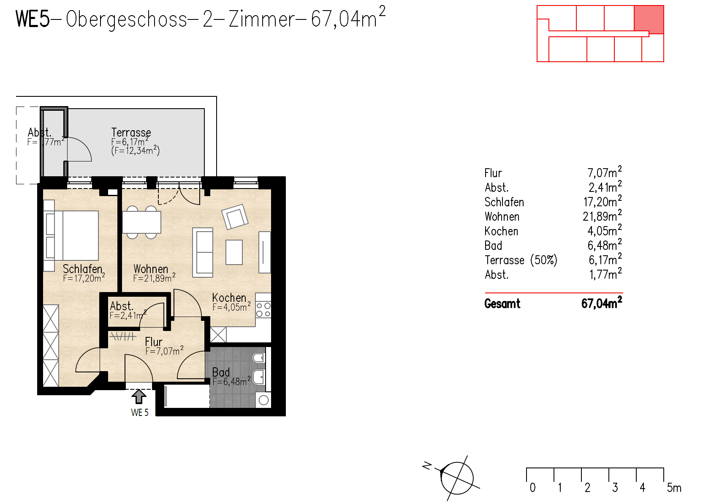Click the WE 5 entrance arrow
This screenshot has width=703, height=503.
click(139, 397)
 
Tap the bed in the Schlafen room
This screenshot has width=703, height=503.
click(76, 235)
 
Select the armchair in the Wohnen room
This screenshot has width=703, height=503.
click(235, 217)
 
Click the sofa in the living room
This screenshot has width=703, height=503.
click(203, 252)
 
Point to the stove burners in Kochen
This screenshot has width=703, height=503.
click(263, 309)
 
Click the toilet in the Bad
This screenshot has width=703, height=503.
click(258, 358)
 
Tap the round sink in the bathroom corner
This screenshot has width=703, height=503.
click(264, 400)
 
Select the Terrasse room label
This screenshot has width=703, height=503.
click(131, 132)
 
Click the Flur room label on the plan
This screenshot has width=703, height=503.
click(154, 342)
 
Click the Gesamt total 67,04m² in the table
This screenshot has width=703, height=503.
click(601, 303)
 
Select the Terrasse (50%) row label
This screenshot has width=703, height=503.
click(521, 260)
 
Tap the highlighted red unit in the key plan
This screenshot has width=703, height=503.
click(649, 19)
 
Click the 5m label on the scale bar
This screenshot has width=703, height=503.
click(674, 487)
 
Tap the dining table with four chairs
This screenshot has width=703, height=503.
click(141, 222)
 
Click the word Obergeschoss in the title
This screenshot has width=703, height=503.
click(127, 19)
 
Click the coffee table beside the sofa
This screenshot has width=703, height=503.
click(234, 252)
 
